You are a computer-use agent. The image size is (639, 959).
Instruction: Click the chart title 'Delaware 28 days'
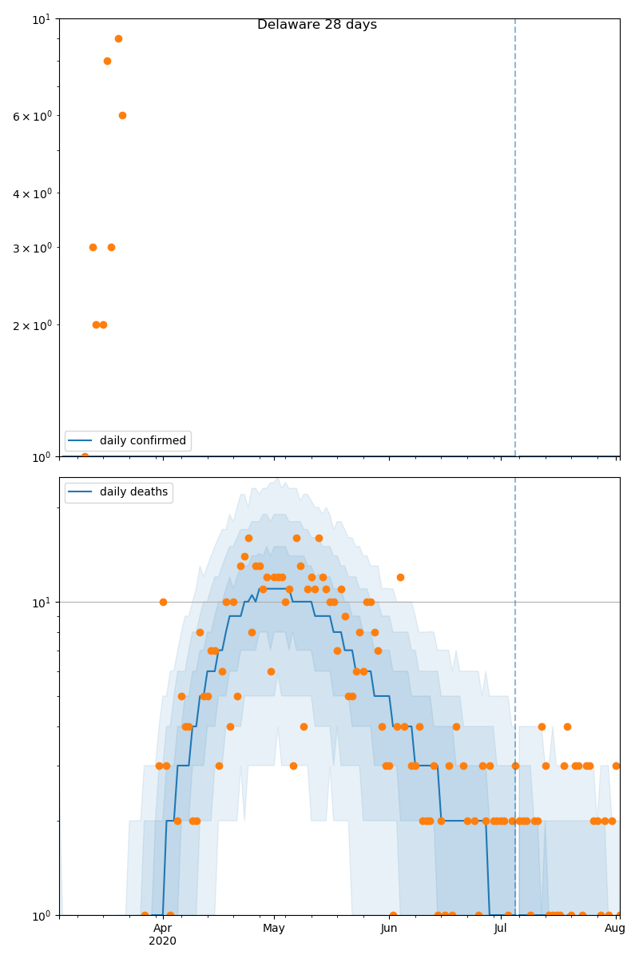point(317,25)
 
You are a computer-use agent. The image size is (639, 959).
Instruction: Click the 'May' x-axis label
point(274,928)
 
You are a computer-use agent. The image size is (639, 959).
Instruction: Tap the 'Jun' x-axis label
point(389,928)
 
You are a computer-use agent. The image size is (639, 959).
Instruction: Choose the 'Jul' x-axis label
point(501,928)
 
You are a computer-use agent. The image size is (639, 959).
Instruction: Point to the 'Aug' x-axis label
point(615,928)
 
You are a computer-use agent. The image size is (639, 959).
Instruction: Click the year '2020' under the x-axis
point(162,941)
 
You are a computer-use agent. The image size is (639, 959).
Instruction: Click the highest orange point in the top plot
point(118,38)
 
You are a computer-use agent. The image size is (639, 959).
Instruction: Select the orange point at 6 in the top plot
point(122,115)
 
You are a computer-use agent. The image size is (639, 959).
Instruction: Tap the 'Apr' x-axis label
point(162,928)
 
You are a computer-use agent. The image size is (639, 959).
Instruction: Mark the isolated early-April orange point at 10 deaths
point(163,602)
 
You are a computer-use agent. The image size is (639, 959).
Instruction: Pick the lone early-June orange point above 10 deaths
point(400,577)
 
